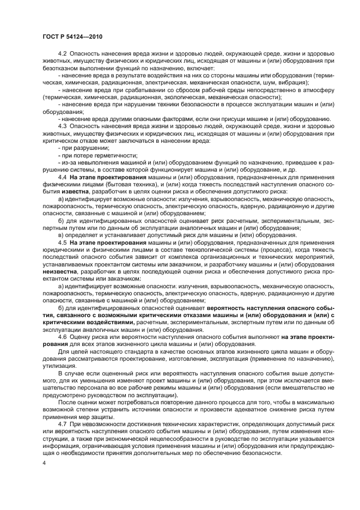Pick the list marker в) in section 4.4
61,234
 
